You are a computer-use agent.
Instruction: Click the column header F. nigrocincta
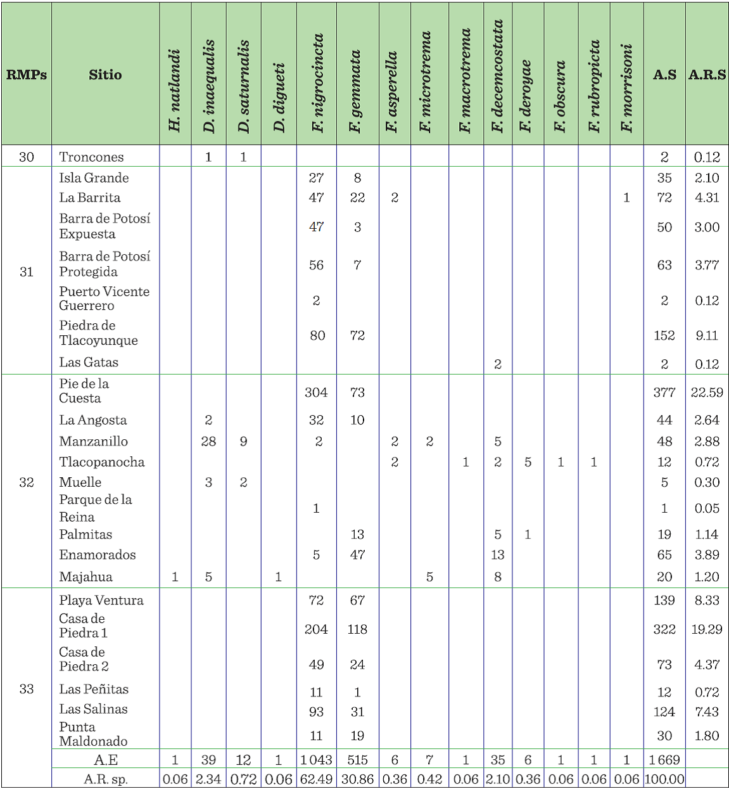317,82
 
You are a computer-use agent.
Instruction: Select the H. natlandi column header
175,90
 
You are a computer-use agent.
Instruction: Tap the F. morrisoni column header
627,87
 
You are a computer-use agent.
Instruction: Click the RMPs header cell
27,75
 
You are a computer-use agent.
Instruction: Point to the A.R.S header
707,75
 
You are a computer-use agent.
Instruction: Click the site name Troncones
91,157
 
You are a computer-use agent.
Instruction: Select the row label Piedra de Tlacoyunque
98,333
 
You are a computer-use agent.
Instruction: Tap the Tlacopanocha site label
101,462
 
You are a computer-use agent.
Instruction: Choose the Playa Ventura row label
101,600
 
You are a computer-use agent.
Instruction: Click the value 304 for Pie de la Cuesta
316,392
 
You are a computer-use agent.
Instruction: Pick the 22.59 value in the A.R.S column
707,392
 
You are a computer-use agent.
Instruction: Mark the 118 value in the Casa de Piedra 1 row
357,629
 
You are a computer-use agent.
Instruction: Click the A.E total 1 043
316,760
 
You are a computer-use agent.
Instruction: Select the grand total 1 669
664,760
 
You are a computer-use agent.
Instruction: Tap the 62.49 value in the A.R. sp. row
316,779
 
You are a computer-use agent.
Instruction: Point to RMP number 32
27,482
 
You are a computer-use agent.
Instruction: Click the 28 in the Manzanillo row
208,441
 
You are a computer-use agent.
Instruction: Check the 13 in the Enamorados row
498,555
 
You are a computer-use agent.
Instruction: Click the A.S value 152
664,335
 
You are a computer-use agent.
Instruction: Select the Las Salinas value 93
316,712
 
